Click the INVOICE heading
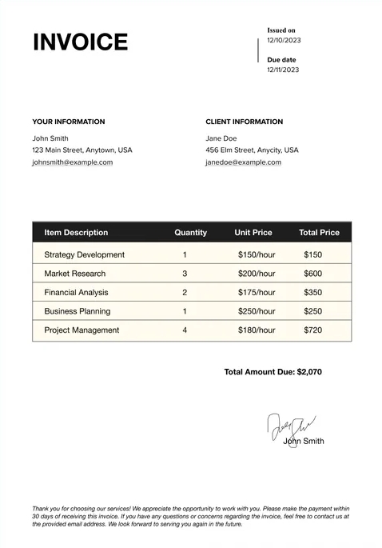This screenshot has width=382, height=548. point(80,42)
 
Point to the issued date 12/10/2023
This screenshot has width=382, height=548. point(284,40)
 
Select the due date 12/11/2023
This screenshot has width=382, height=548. point(284,70)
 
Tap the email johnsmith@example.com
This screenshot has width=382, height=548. point(73,162)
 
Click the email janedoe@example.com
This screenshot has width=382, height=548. point(244,162)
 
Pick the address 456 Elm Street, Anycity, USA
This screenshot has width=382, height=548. point(252,150)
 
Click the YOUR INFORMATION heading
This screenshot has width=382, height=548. point(69,122)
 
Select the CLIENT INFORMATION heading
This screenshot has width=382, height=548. point(245,122)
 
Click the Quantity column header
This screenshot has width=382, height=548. point(190,233)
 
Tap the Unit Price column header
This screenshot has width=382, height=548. point(253,233)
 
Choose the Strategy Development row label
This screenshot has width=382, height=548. point(85,254)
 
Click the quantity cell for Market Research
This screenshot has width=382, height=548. point(185,274)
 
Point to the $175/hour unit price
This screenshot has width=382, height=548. point(257,293)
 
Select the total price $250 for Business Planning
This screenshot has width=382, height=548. point(313,311)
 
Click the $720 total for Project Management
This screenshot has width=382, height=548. point(313,330)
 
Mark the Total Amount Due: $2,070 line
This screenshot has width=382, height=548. point(273,372)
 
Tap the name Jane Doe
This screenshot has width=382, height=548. point(221,138)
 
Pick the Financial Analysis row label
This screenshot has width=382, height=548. point(76,293)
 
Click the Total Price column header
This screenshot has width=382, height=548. point(319,233)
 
